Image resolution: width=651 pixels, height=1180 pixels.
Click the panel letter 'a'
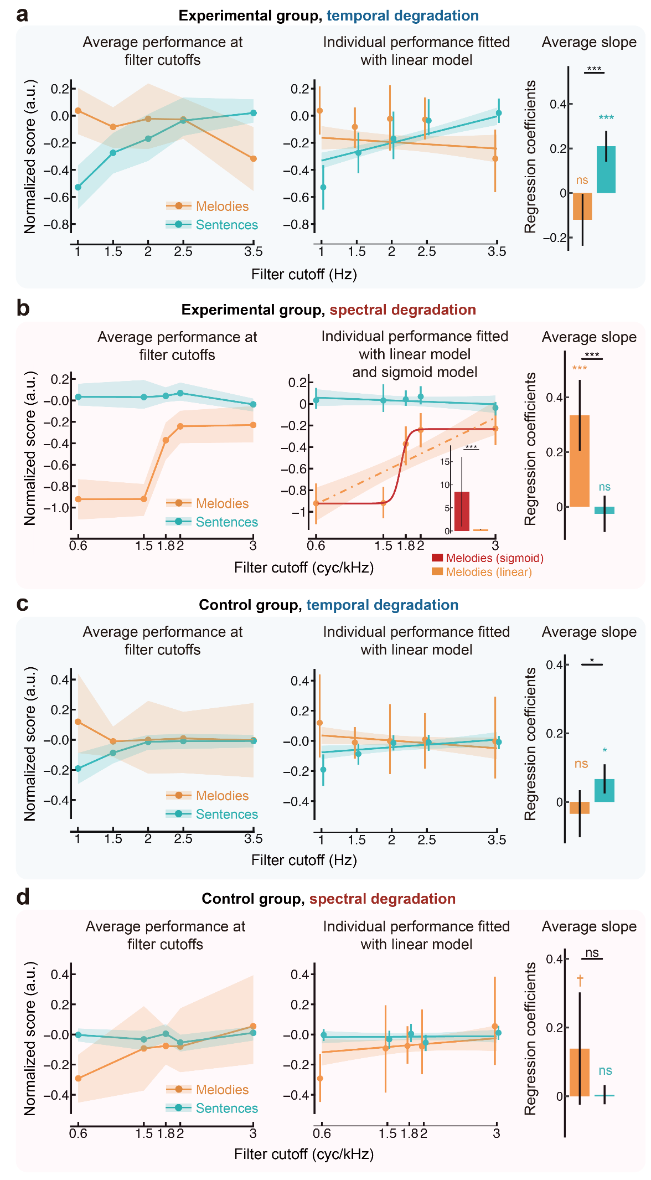point(22,15)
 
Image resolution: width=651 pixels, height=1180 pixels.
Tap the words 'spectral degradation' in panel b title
point(402,310)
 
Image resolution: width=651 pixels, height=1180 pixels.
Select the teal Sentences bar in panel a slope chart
point(606,169)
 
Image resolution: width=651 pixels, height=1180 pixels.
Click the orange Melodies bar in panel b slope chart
point(580,461)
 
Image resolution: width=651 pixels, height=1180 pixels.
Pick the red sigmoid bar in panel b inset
point(462,511)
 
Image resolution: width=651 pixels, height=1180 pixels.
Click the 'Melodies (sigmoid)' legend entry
point(487,558)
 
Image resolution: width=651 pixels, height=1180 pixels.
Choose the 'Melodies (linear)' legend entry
point(482,572)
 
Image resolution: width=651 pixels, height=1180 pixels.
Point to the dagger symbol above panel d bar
point(580,980)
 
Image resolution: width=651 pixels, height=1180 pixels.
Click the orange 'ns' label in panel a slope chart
point(582,180)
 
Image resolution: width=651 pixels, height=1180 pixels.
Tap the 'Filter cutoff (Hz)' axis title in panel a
point(304,274)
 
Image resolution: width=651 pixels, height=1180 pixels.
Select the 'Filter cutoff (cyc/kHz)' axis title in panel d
point(304,1154)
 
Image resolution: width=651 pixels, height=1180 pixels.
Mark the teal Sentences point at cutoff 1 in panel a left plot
point(78,187)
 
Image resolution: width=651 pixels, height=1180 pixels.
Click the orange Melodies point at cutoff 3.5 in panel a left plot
point(253,159)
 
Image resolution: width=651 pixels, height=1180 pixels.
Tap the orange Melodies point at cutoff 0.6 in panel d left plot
point(78,1078)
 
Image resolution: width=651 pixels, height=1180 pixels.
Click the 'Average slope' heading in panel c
point(589,632)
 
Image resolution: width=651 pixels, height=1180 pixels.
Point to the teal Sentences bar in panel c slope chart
point(604,790)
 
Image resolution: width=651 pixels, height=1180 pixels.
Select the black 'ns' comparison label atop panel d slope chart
point(592,952)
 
